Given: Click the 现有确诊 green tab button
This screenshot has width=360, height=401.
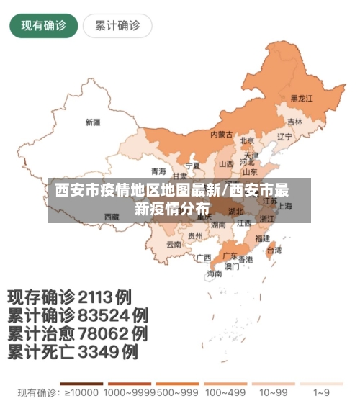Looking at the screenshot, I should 43,26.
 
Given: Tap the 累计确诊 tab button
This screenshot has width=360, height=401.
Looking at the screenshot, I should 117,26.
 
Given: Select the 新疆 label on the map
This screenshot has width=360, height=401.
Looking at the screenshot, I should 93,122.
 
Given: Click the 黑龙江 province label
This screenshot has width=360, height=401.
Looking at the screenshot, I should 302,98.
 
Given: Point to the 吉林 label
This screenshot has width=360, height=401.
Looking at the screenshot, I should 295,122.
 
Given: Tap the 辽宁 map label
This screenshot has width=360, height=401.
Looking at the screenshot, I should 285,136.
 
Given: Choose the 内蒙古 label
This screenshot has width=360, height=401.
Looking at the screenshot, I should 221,135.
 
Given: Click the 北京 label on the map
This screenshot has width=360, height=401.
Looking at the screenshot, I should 247,141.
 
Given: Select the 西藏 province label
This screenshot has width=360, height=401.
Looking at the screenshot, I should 112,216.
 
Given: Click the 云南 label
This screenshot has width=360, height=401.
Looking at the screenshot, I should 174,244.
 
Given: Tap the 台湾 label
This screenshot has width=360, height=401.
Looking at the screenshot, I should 274,251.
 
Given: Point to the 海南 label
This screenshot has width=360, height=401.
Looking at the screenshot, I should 215,274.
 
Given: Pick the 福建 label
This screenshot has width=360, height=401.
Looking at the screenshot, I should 263,237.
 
